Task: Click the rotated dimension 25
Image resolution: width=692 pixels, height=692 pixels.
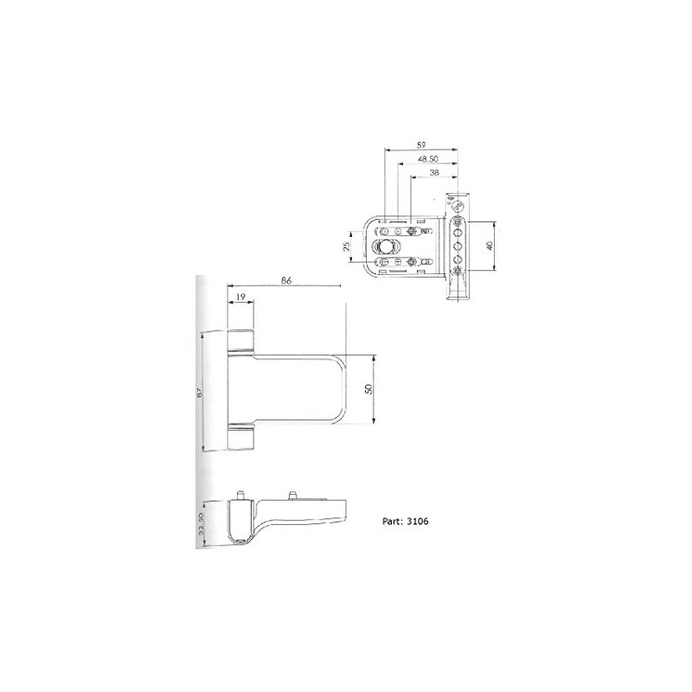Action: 347,247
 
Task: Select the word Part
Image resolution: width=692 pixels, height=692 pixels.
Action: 390,522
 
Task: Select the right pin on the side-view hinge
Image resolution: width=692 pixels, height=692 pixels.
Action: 292,494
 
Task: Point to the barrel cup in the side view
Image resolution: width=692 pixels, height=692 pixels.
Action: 239,522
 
